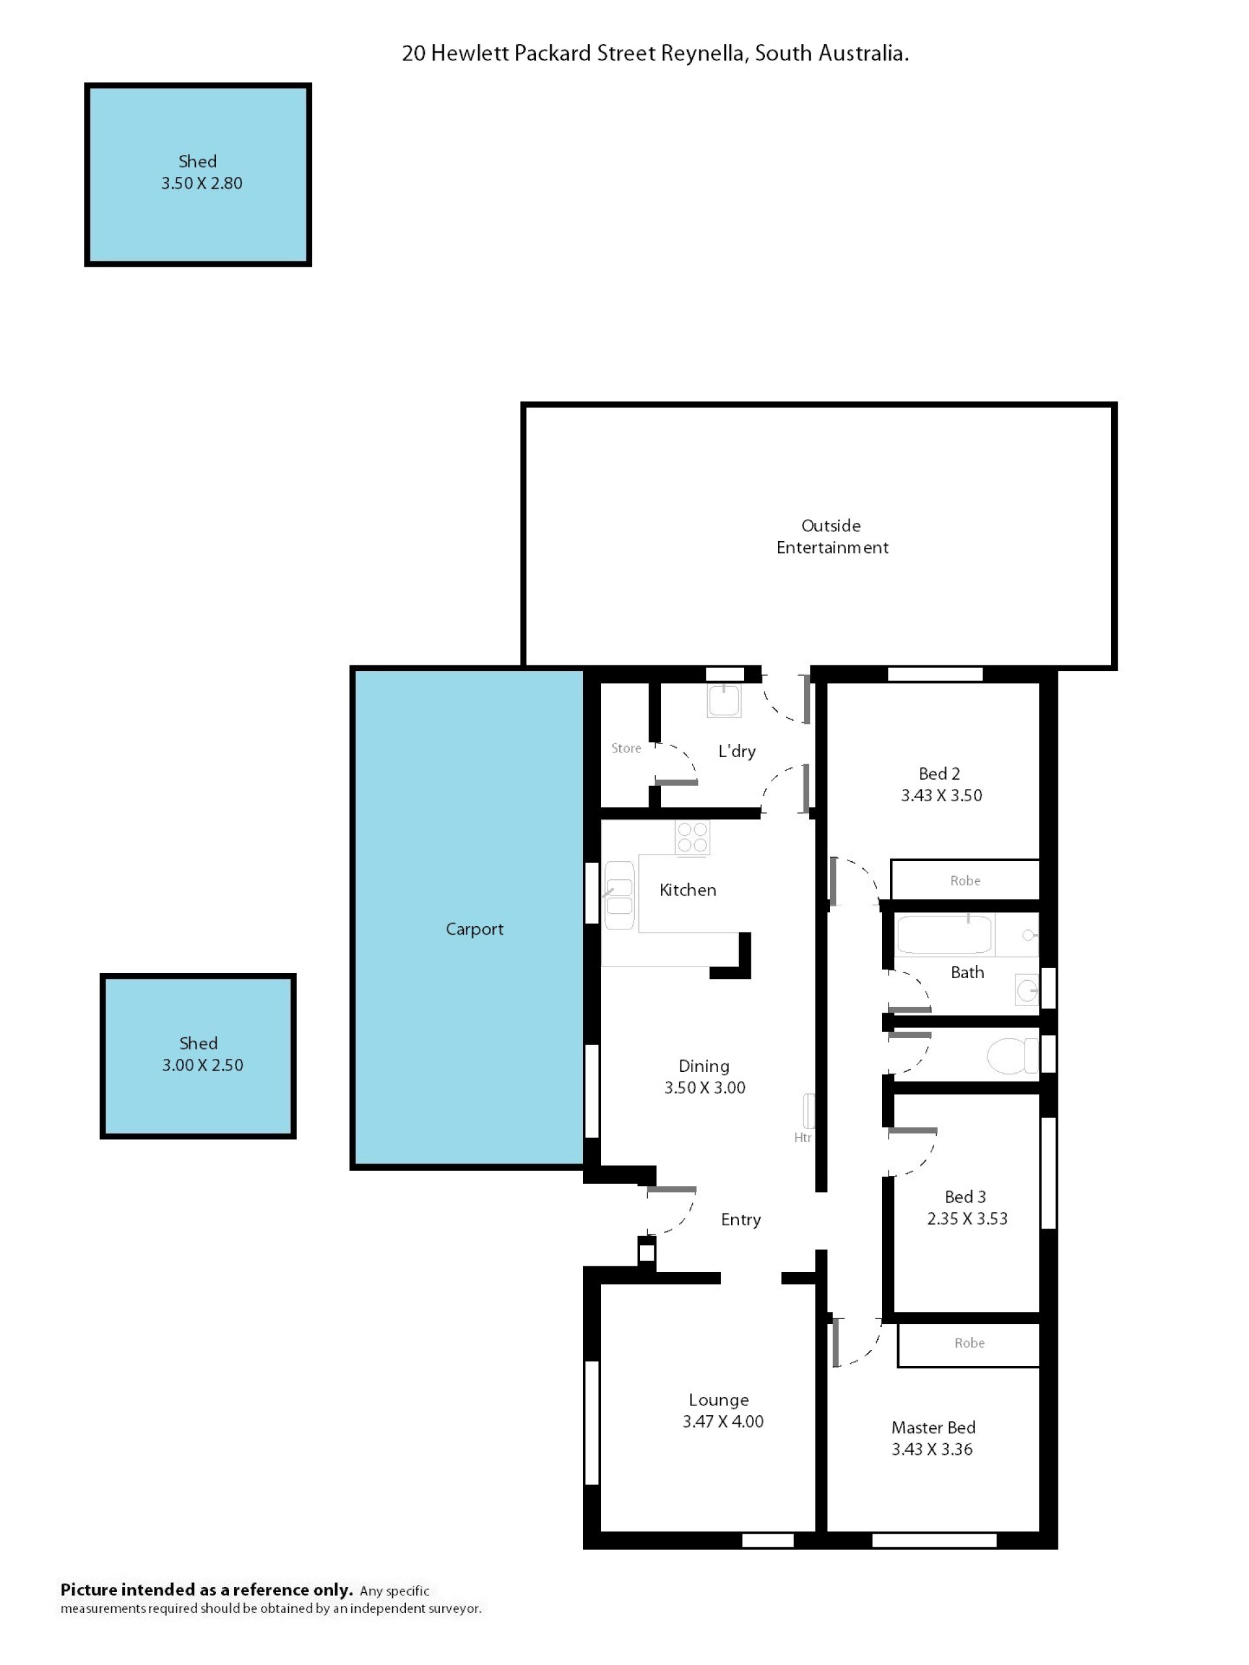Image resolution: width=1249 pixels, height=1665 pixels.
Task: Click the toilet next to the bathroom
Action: click(1012, 1056)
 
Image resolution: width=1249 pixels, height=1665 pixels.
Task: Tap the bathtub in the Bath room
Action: click(945, 934)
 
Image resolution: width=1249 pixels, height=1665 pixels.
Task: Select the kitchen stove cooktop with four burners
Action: click(692, 837)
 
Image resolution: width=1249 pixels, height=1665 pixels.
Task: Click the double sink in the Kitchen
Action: click(619, 895)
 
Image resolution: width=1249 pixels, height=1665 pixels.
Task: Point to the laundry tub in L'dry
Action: click(723, 700)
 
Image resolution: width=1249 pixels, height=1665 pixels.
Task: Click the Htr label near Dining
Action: click(803, 1138)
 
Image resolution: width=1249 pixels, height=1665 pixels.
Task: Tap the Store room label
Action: click(626, 748)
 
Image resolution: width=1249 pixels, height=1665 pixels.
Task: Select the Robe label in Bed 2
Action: click(965, 881)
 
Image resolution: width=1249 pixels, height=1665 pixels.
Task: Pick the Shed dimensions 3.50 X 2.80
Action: click(202, 183)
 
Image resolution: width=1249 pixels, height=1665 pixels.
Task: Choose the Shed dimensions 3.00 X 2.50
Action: click(202, 1065)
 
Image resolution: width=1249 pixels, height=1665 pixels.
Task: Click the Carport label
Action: click(474, 929)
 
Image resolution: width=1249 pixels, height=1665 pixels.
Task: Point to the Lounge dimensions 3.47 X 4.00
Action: click(723, 1421)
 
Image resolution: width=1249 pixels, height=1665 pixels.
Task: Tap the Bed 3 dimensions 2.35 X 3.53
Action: click(967, 1218)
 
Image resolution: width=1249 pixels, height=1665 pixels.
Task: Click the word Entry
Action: click(741, 1219)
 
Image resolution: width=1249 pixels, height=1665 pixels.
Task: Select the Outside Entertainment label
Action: click(832, 536)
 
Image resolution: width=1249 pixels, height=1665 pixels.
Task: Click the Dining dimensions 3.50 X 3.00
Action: click(705, 1087)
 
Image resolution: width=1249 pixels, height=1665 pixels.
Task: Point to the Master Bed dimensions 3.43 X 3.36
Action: click(932, 1449)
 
